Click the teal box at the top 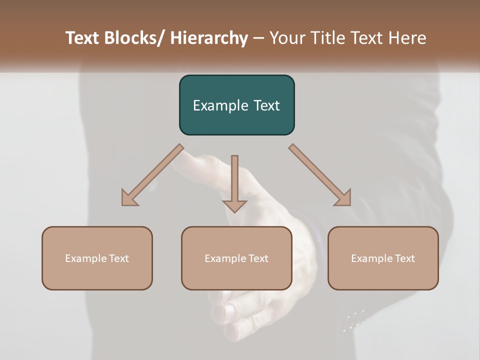tap(236, 105)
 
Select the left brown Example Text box tap(97, 258)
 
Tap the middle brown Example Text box tap(236, 258)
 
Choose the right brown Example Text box tap(383, 258)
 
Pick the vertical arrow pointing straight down tap(234, 180)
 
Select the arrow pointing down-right tap(317, 173)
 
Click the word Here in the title tap(406, 38)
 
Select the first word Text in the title tap(83, 38)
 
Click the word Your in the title tap(287, 38)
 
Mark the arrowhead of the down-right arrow tap(343, 198)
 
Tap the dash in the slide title tap(258, 38)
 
